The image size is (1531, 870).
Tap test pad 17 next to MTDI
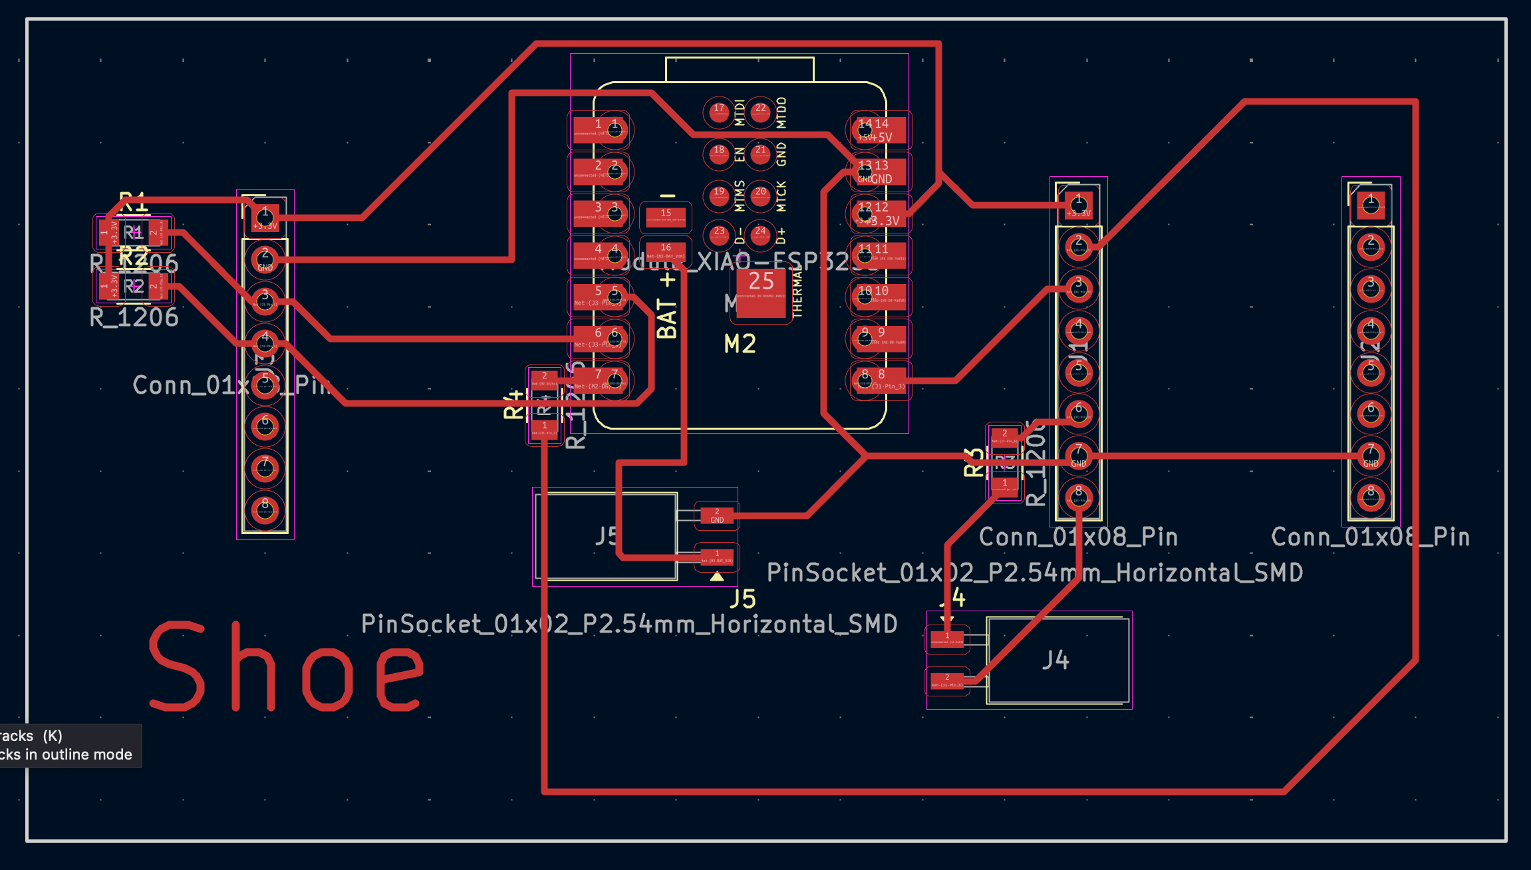[719, 112]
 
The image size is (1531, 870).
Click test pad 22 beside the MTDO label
[760, 112]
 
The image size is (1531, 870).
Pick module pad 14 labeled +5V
[879, 130]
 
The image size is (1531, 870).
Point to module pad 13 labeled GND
[879, 172]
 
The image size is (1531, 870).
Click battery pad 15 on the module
[666, 216]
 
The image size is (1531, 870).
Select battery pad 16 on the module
[666, 251]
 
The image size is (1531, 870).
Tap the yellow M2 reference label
[740, 344]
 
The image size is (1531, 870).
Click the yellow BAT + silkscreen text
[667, 306]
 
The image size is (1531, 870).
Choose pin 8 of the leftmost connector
[265, 509]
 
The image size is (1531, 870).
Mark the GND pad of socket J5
[716, 515]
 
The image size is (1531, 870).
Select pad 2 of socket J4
[947, 681]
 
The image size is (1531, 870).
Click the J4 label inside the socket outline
[1055, 660]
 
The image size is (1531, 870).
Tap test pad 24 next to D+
[760, 234]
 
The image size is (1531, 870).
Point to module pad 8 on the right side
[879, 380]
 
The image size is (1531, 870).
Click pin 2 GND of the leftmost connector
[265, 259]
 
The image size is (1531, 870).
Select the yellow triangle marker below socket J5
[716, 577]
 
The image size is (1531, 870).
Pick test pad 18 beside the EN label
[719, 154]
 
